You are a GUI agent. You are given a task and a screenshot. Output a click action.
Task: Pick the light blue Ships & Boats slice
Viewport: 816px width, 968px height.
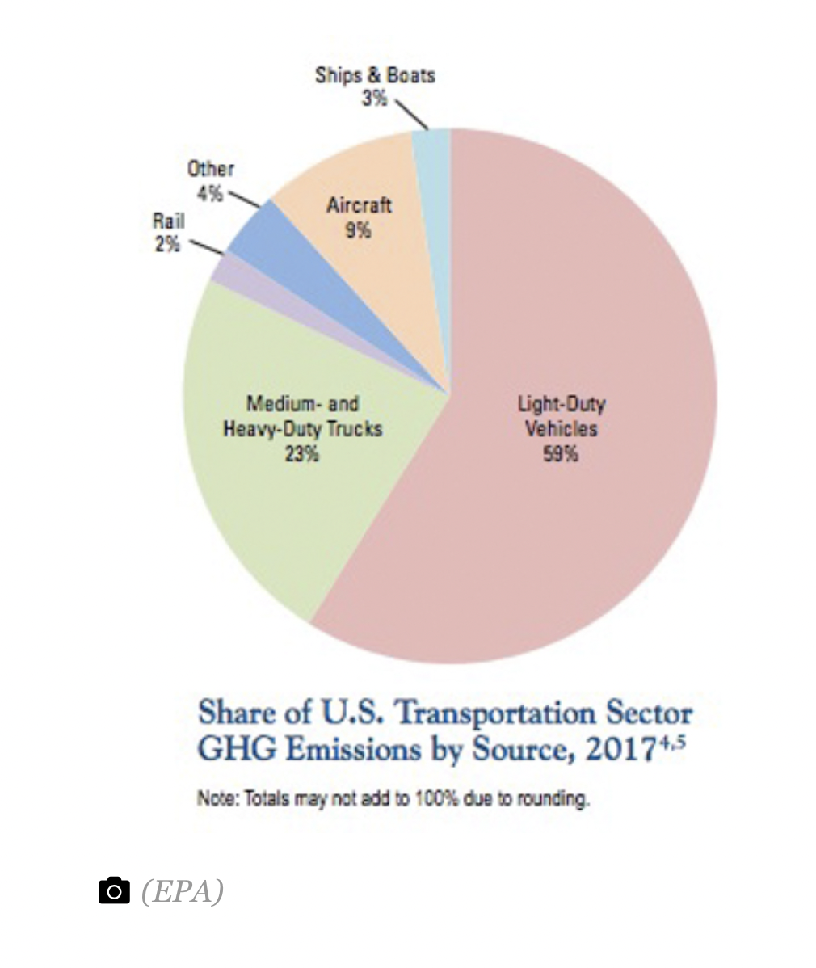click(x=433, y=185)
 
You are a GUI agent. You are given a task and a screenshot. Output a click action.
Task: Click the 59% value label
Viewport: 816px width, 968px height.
click(x=561, y=455)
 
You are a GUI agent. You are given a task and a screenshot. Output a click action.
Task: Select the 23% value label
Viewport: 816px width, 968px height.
click(x=302, y=455)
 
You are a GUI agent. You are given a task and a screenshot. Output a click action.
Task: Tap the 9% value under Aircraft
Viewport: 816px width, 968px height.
click(x=358, y=231)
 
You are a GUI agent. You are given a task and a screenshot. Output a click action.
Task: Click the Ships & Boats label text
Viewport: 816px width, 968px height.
click(x=376, y=75)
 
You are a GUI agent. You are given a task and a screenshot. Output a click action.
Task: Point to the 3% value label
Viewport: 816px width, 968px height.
click(x=375, y=98)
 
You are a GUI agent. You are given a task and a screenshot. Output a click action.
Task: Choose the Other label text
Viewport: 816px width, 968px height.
click(x=211, y=169)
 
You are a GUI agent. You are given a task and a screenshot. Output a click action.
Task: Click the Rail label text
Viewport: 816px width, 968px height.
click(x=169, y=221)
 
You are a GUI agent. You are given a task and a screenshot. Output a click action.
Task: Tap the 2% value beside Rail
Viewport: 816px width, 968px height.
click(x=167, y=245)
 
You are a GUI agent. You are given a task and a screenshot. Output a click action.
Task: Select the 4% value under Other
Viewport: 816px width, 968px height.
click(x=210, y=194)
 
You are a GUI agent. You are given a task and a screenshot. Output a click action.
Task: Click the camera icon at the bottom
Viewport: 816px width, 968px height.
click(x=114, y=890)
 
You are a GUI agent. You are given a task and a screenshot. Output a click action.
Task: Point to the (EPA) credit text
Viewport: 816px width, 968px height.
click(x=183, y=890)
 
